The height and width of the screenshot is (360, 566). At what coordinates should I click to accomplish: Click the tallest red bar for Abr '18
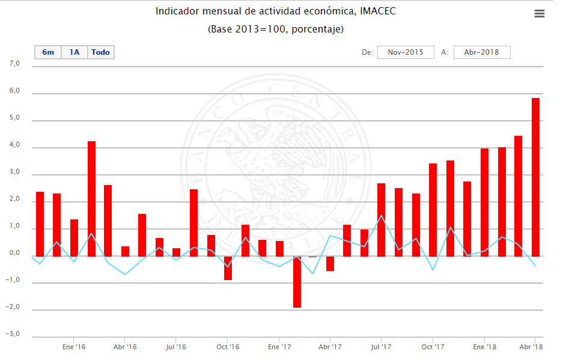[535, 177]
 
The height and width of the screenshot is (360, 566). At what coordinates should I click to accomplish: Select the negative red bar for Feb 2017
[297, 282]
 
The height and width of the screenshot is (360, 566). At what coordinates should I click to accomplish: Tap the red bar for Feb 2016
[91, 198]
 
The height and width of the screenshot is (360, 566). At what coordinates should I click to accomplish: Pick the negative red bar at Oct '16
[228, 268]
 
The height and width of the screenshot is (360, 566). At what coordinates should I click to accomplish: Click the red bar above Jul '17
[382, 219]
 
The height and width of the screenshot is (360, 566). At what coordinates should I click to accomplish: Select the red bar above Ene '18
[484, 202]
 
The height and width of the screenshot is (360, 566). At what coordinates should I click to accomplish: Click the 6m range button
[48, 52]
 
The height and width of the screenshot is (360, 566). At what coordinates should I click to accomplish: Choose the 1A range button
[75, 52]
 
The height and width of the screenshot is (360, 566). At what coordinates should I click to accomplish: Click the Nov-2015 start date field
[406, 52]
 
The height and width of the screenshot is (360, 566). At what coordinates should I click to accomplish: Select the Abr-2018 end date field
[482, 52]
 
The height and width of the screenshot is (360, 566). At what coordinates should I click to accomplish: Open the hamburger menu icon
[540, 14]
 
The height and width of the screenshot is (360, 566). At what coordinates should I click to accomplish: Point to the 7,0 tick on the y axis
[14, 64]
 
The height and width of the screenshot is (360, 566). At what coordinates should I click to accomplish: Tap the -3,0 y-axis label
[13, 334]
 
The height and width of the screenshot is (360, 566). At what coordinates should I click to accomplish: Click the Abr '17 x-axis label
[330, 347]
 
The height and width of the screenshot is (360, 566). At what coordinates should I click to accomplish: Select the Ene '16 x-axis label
[74, 347]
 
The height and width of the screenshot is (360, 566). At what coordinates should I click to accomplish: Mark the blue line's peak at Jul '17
[382, 215]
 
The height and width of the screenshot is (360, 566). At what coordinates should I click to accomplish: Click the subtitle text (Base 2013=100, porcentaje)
[276, 29]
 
